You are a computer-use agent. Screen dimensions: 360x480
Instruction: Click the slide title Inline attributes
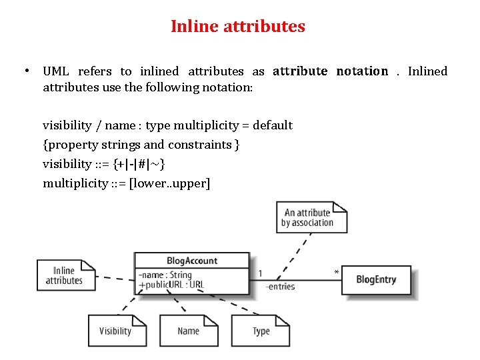click(x=238, y=27)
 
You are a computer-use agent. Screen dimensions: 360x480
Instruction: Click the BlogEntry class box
click(x=376, y=280)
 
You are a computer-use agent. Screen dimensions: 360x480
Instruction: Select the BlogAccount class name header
click(x=192, y=261)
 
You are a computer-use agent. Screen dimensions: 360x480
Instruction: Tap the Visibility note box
click(x=116, y=331)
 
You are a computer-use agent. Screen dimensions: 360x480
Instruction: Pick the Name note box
click(x=188, y=331)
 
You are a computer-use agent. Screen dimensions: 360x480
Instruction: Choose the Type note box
click(x=261, y=331)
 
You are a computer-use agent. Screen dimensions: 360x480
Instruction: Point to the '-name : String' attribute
click(x=165, y=275)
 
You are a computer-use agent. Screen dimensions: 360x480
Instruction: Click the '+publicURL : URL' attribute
click(x=171, y=285)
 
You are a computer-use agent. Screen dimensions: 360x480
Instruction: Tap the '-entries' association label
click(x=280, y=287)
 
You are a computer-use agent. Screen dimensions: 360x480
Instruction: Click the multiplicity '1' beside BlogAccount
click(x=260, y=273)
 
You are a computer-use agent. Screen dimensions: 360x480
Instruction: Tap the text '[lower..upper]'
click(x=169, y=183)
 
